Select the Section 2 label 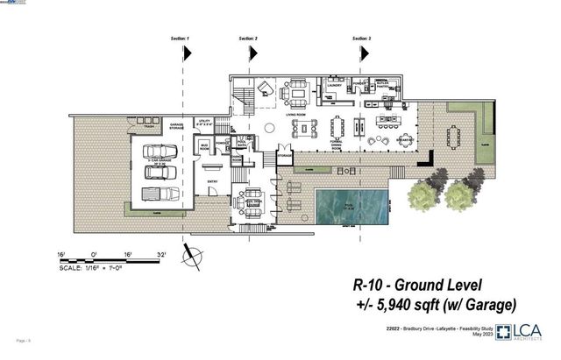248,39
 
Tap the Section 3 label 361,39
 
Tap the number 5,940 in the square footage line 404,304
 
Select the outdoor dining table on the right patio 453,137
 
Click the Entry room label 211,181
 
